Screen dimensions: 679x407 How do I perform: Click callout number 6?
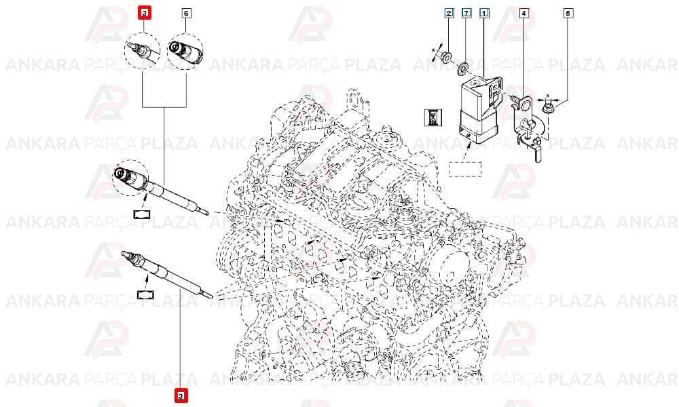[186, 14]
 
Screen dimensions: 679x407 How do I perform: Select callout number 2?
[449, 13]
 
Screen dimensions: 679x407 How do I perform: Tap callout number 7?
[466, 13]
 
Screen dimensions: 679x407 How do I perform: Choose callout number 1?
[484, 13]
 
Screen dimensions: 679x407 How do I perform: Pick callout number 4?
[523, 14]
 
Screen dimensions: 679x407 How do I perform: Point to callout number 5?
[568, 14]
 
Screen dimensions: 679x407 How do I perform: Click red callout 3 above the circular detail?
[144, 13]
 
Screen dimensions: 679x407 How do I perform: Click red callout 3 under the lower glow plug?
[181, 395]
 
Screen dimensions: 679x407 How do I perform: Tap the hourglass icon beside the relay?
[433, 117]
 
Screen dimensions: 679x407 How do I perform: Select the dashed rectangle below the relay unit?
[465, 169]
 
